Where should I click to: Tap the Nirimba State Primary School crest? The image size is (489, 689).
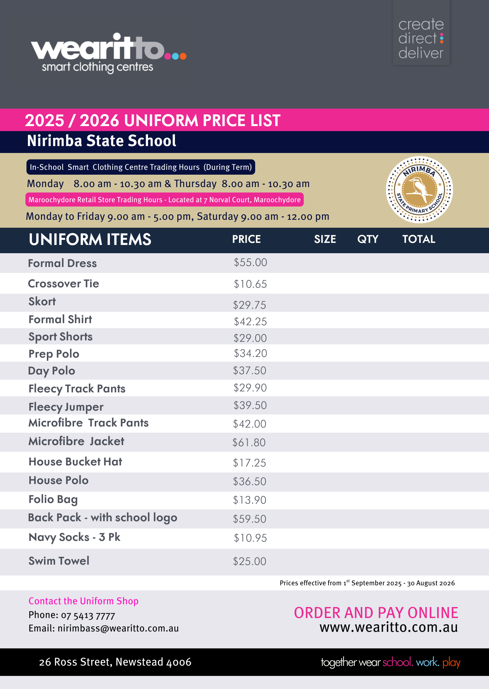(419, 190)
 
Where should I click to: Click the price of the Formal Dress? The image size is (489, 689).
(250, 263)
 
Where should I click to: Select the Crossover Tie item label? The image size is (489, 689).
(63, 284)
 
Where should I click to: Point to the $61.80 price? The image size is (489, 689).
(249, 442)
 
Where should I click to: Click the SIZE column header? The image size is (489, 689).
(325, 239)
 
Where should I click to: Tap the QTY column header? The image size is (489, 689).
(368, 239)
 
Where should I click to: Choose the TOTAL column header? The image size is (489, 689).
(419, 239)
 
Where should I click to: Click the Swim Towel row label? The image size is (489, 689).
(59, 561)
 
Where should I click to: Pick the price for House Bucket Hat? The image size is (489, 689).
(249, 463)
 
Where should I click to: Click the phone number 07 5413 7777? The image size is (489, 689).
(88, 615)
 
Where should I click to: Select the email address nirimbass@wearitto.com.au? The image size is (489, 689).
(118, 628)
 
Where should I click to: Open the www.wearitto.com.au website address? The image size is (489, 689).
(389, 627)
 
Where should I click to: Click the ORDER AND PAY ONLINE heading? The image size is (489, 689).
(376, 613)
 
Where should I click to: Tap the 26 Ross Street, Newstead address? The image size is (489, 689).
(115, 662)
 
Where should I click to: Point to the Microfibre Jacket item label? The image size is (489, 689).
(76, 441)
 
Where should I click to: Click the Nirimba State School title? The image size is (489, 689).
(102, 141)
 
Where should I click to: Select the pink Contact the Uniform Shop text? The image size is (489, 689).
(83, 601)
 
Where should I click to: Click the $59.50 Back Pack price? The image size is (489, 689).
(249, 519)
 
